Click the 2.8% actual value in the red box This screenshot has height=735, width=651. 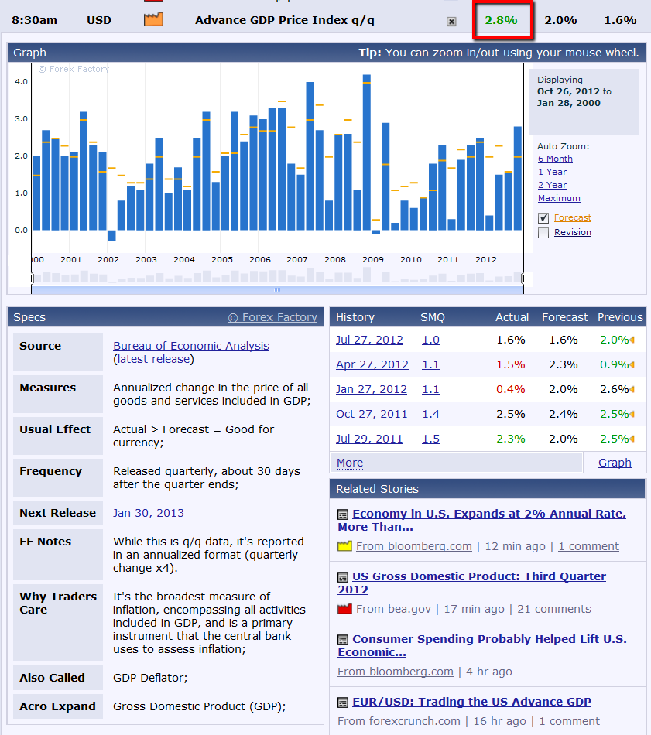(x=501, y=20)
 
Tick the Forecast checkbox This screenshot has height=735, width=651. (x=543, y=218)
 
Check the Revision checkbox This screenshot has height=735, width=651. (x=543, y=232)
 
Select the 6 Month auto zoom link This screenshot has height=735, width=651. (x=555, y=159)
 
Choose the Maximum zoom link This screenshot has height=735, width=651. (x=559, y=198)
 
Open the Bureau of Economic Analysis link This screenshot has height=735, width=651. (x=191, y=346)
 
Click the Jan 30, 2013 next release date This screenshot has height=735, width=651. (x=149, y=513)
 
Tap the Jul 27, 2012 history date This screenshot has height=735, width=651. (x=369, y=340)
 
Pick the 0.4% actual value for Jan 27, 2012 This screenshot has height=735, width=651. (x=510, y=389)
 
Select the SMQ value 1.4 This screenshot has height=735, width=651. (x=430, y=414)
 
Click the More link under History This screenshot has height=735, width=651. (x=350, y=463)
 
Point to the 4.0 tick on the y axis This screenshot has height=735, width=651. (x=21, y=81)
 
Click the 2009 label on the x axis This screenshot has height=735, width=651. (x=373, y=259)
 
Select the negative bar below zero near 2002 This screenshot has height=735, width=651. (x=111, y=236)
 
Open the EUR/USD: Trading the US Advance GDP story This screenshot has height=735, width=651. (x=471, y=702)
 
